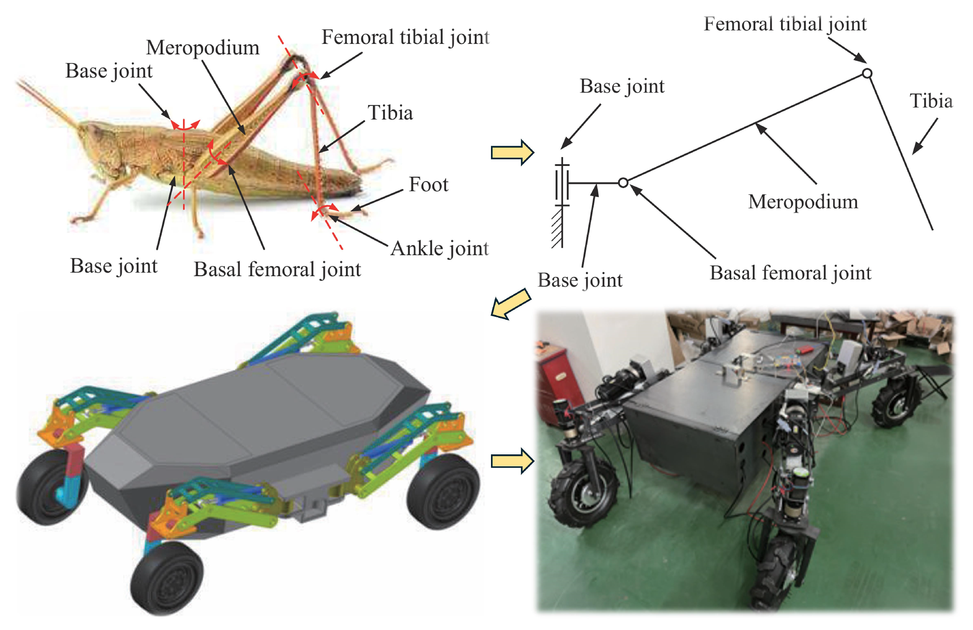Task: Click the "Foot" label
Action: pyautogui.click(x=428, y=185)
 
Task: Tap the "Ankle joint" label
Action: pyautogui.click(x=439, y=248)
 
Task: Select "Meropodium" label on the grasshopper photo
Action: pyautogui.click(x=202, y=48)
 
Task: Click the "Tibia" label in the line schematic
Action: pyautogui.click(x=930, y=101)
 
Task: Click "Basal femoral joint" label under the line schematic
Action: pyautogui.click(x=790, y=273)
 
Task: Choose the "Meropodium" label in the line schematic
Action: pyautogui.click(x=802, y=202)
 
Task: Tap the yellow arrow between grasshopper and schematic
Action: pyautogui.click(x=512, y=152)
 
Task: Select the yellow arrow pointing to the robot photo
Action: pyautogui.click(x=512, y=461)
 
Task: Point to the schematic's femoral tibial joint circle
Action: pyautogui.click(x=867, y=74)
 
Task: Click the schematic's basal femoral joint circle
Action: pyautogui.click(x=623, y=183)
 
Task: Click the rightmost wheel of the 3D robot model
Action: pyautogui.click(x=443, y=490)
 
